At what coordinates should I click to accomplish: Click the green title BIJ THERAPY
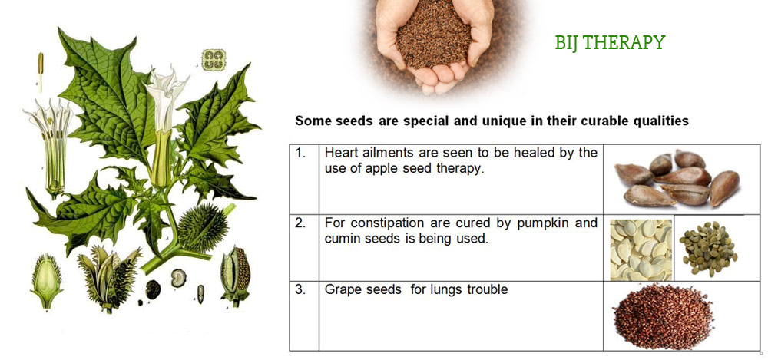click(610, 43)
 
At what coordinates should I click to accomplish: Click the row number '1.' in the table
click(301, 153)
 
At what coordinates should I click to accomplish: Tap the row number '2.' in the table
click(301, 223)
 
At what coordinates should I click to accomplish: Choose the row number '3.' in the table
click(301, 289)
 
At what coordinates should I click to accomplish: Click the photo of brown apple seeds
click(677, 179)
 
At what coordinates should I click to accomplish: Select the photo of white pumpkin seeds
click(641, 249)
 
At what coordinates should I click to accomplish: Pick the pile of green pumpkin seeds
click(707, 248)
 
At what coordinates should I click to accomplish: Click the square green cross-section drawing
click(214, 60)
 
